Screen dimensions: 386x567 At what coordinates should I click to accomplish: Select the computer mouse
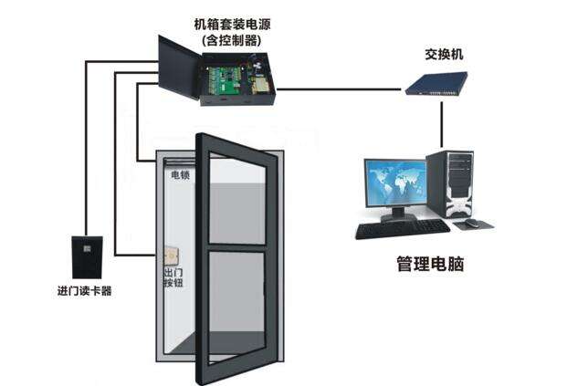(x=472, y=223)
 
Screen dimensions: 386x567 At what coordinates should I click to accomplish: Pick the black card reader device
(x=86, y=256)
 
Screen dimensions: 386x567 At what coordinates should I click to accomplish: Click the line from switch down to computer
(x=443, y=123)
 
